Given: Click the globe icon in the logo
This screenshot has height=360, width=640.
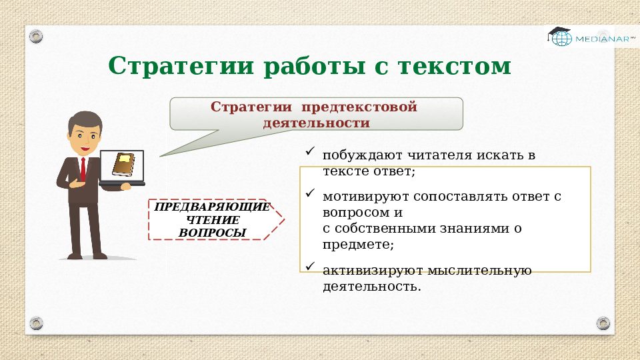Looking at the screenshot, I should [562, 39].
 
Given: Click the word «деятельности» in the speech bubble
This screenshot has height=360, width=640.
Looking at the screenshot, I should [316, 123].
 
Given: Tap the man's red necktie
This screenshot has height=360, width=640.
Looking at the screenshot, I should [83, 169].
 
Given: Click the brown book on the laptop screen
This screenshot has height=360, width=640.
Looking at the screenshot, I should [123, 163].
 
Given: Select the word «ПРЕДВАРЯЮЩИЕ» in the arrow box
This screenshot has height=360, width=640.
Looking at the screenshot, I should [212, 207].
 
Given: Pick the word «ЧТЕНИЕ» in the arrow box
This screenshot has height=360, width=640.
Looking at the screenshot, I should [212, 220].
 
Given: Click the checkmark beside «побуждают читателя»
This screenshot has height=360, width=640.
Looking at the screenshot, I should [309, 153].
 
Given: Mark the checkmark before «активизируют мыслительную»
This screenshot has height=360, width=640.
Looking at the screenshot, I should [309, 267].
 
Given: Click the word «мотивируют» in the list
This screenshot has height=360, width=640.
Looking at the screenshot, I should [365, 197].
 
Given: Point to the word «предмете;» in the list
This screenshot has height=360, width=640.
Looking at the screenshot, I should [358, 245].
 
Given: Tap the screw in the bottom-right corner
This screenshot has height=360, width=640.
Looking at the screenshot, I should [603, 323].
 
